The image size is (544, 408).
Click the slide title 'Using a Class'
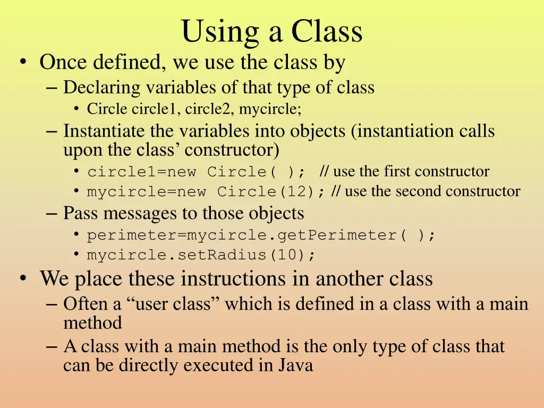point(271,32)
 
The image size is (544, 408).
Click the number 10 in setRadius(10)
point(286,255)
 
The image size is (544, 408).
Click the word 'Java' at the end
point(294,365)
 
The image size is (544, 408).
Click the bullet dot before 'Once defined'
point(22,63)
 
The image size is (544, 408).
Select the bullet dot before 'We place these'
point(22,279)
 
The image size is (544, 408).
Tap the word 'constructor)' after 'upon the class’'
point(232,150)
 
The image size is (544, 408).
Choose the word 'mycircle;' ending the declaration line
point(270,109)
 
